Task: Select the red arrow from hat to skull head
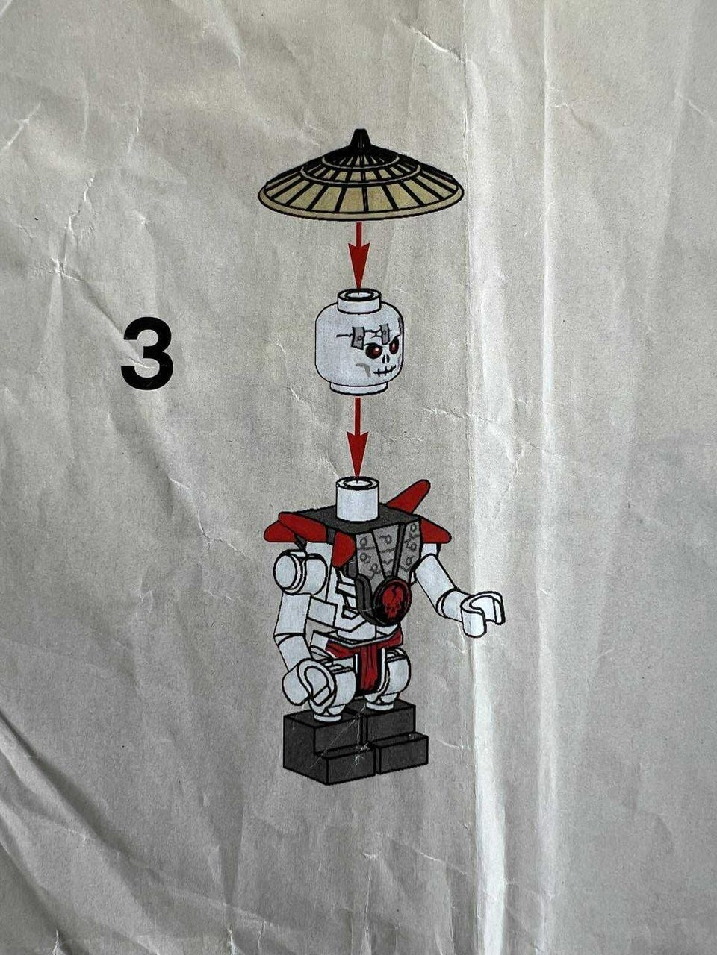pyautogui.click(x=358, y=256)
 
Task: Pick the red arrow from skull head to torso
pyautogui.click(x=358, y=438)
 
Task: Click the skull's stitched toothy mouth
pyautogui.click(x=382, y=371)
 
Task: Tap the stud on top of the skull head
pyautogui.click(x=358, y=299)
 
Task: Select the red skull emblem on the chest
pyautogui.click(x=394, y=601)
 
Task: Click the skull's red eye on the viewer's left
pyautogui.click(x=371, y=351)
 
